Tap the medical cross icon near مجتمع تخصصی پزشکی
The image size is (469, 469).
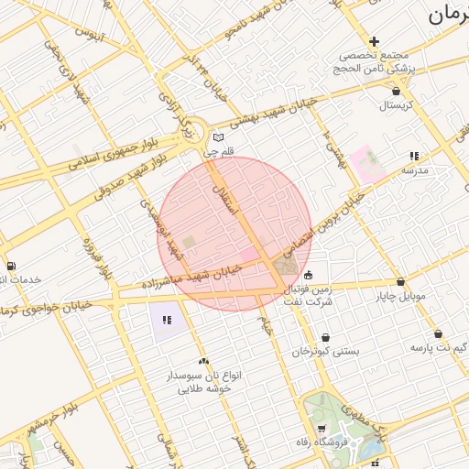pyautogui.click(x=374, y=41)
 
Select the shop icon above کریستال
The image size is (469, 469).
pyautogui.click(x=396, y=92)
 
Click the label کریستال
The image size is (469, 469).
pyautogui.click(x=396, y=106)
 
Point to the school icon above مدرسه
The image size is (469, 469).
pyautogui.click(x=414, y=156)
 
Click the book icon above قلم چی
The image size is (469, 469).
pyautogui.click(x=217, y=136)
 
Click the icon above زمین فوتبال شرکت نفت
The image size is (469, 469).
pyautogui.click(x=309, y=274)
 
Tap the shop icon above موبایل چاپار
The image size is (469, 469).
pyautogui.click(x=400, y=282)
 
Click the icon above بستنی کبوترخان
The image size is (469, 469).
pyautogui.click(x=325, y=337)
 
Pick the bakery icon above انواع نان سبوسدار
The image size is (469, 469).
pyautogui.click(x=203, y=362)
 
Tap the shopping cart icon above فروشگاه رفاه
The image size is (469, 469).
pyautogui.click(x=321, y=429)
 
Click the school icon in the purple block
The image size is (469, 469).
pyautogui.click(x=166, y=321)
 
